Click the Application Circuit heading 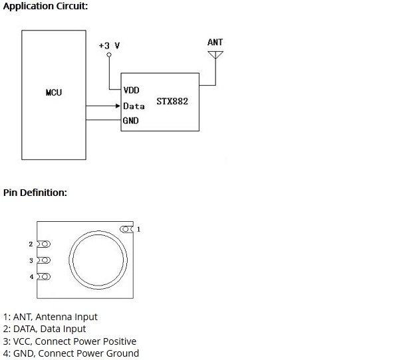pyautogui.click(x=45, y=6)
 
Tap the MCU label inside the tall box pyautogui.click(x=54, y=92)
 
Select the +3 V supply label pyautogui.click(x=108, y=45)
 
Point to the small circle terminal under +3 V pyautogui.click(x=108, y=56)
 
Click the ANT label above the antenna pyautogui.click(x=215, y=42)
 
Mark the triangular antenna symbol pyautogui.click(x=215, y=54)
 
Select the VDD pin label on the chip pyautogui.click(x=132, y=90)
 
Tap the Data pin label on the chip pyautogui.click(x=134, y=106)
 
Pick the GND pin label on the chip pyautogui.click(x=130, y=121)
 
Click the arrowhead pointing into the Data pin pyautogui.click(x=116, y=106)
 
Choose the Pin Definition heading pyautogui.click(x=35, y=193)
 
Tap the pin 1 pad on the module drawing pyautogui.click(x=126, y=229)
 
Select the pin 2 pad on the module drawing pyautogui.click(x=43, y=244)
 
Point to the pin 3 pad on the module pyautogui.click(x=43, y=260)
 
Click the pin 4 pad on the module pyautogui.click(x=43, y=276)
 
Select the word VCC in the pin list pyautogui.click(x=23, y=341)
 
